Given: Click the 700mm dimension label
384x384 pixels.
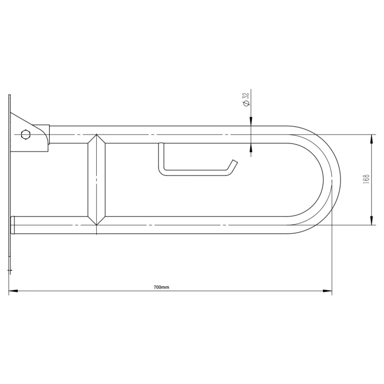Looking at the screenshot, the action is pyautogui.click(x=161, y=287).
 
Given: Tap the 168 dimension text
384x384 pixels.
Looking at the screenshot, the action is pyautogui.click(x=367, y=179).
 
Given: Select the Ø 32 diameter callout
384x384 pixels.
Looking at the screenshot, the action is pyautogui.click(x=246, y=99).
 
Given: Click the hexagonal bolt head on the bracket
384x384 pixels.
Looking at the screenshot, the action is pyautogui.click(x=26, y=135).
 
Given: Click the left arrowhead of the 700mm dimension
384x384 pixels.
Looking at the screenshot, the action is pyautogui.click(x=13, y=291).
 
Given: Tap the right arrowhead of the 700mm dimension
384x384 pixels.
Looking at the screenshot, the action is pyautogui.click(x=327, y=291).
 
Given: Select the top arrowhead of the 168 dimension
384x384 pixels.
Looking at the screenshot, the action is pyautogui.click(x=372, y=139).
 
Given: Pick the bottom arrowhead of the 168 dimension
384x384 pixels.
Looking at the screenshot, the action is pyautogui.click(x=372, y=220).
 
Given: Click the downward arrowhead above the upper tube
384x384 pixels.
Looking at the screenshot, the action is pyautogui.click(x=251, y=121).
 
